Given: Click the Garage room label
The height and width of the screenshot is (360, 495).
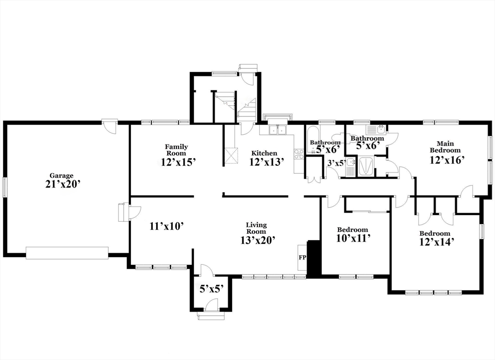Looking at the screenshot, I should click(x=61, y=176).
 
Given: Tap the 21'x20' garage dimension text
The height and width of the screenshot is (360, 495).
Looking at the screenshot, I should click(x=61, y=184).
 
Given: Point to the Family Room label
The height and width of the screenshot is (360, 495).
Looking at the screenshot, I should click(x=176, y=150).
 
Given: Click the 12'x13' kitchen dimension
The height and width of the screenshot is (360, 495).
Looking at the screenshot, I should click(x=264, y=162).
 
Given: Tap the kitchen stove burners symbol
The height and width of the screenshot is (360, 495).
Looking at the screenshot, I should click(x=299, y=154).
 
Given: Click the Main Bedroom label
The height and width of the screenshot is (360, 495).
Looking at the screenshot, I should click(x=445, y=146).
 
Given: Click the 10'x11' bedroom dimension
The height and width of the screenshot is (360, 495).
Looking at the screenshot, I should click(x=352, y=238).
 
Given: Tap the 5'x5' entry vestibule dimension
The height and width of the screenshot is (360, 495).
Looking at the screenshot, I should click(x=212, y=289).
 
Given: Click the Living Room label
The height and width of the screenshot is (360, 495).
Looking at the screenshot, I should click(x=256, y=228).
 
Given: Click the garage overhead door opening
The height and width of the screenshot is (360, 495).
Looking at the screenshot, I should click(x=67, y=253).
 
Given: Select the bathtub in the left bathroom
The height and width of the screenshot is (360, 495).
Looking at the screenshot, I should click(x=313, y=140).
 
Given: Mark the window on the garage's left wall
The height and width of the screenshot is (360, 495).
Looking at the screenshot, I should click(x=5, y=187).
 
